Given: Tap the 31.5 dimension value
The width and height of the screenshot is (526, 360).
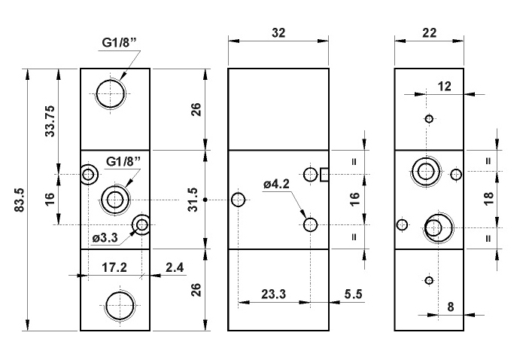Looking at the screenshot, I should (x=194, y=200).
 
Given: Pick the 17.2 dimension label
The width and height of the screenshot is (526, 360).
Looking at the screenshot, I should (x=114, y=266).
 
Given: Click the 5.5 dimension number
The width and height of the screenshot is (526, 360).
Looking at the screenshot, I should (x=351, y=294).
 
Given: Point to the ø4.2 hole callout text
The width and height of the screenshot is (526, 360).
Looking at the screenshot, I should (x=277, y=183).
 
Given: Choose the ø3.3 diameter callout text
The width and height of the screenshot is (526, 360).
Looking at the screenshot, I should (x=105, y=238).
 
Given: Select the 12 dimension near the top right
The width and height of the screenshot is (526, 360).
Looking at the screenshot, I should (x=443, y=87).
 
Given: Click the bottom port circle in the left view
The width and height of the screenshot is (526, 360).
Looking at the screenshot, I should (x=118, y=305).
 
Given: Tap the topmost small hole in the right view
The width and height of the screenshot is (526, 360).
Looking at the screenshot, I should (x=429, y=118).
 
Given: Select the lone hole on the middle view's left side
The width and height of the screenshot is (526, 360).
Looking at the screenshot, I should (x=239, y=200).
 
